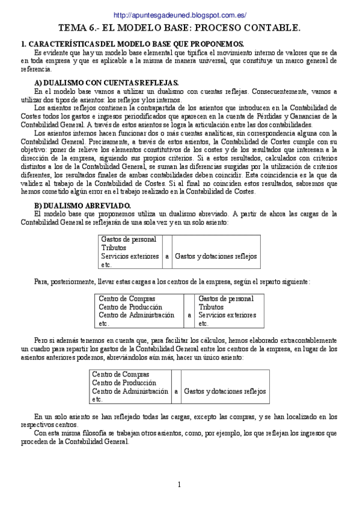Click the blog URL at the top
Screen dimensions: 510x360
tap(180, 15)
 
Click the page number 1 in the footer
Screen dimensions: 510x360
tap(179, 485)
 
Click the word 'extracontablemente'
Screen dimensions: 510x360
tap(308, 340)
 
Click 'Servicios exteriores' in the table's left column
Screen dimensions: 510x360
tap(130, 256)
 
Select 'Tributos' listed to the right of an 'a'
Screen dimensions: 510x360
tap(211, 306)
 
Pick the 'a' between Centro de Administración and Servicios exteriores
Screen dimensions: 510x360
tap(189, 315)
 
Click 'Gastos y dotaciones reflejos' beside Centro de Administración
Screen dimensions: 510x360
tap(225, 391)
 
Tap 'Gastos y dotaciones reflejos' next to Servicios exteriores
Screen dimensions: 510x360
tap(216, 256)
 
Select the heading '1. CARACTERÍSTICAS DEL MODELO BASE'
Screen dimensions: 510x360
tap(132, 44)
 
